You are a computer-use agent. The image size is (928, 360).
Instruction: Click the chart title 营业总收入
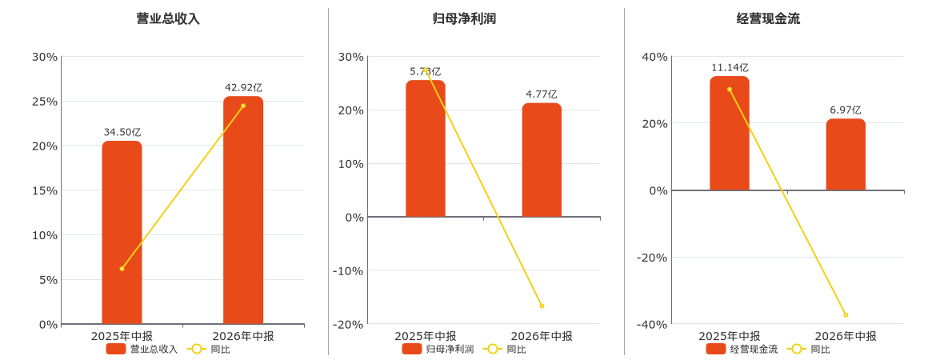point(168,19)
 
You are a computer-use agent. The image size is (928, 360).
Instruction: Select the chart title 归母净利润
point(464,19)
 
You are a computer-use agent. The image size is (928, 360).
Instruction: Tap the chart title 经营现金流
point(768,19)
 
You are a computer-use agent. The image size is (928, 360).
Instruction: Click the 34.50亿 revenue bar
point(122,232)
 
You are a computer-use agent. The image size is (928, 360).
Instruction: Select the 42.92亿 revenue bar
point(243,210)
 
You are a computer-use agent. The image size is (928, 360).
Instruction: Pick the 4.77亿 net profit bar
point(542,160)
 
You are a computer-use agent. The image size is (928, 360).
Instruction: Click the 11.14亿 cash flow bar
point(729,134)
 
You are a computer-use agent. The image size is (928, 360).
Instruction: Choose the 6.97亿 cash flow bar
point(846,154)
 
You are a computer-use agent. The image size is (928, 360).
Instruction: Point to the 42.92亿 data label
point(243,88)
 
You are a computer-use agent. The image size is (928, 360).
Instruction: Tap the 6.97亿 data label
point(846,110)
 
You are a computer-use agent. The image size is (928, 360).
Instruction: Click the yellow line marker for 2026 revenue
point(243,106)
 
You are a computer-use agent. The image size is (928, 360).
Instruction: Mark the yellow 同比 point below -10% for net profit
point(542,306)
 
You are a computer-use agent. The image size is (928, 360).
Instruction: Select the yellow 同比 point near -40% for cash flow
point(846,314)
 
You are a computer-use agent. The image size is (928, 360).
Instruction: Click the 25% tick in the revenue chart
point(44,102)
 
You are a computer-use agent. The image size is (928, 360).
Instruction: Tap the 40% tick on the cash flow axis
point(655,57)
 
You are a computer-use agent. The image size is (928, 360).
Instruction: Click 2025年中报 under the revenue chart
point(122,336)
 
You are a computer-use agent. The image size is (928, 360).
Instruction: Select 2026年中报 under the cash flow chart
point(846,336)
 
